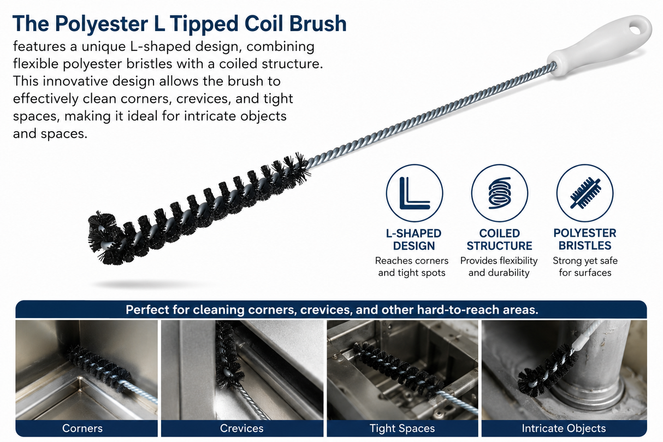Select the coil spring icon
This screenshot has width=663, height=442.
point(500,193)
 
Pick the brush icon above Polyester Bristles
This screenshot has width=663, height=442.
point(585,193)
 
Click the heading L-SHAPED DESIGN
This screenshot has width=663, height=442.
point(414,239)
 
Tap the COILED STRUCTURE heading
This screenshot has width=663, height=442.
point(499,239)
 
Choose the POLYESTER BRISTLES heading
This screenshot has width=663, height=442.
point(585,239)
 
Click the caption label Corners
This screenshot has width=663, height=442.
point(82,428)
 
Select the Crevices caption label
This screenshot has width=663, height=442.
point(241,428)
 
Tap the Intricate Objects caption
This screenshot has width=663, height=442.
point(564,428)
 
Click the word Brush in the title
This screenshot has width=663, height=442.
point(318,23)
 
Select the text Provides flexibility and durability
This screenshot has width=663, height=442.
point(499,267)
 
